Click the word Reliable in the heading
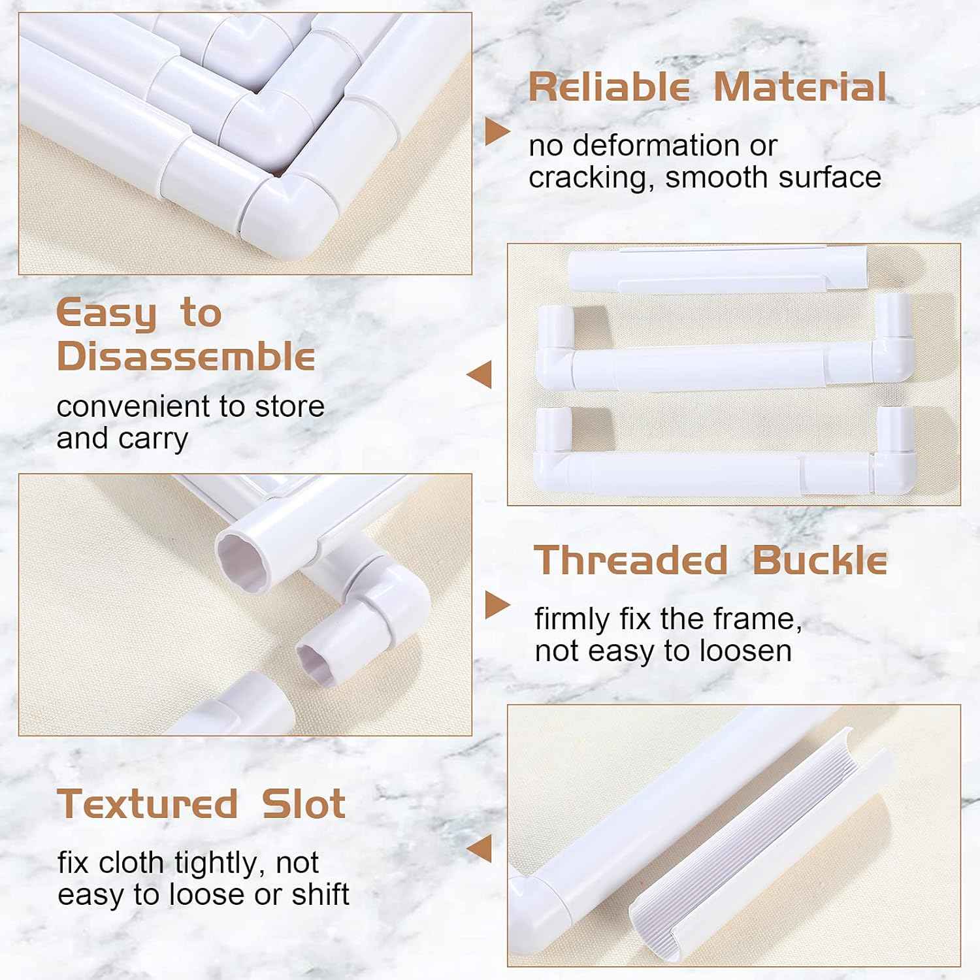(x=608, y=87)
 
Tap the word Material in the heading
(x=800, y=87)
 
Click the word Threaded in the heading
(x=630, y=561)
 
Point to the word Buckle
(x=820, y=561)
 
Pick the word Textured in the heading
(x=148, y=804)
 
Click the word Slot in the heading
(x=304, y=804)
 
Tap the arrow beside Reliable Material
(x=497, y=132)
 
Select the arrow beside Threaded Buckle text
(x=497, y=605)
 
